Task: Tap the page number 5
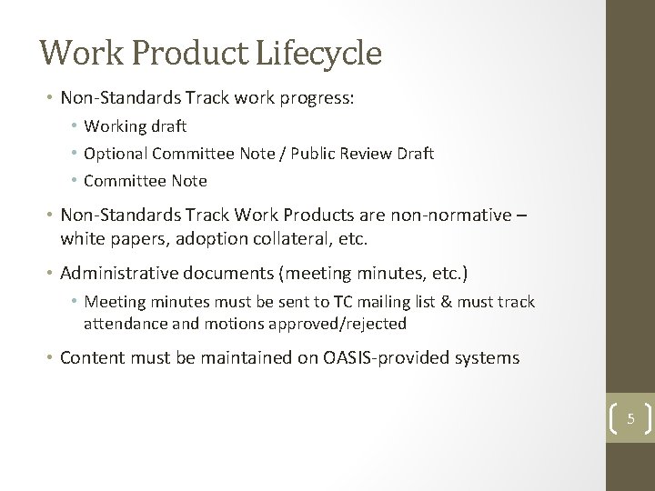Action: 629,420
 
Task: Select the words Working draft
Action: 135,126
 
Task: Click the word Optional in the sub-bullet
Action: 114,154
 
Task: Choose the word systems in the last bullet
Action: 489,358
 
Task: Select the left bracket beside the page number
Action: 611,420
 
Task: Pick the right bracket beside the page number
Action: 646,420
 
